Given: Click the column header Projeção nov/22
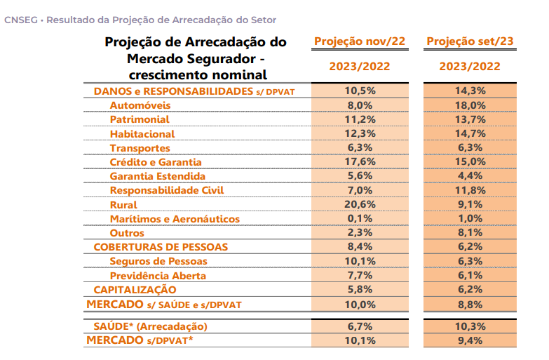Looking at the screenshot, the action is click(x=360, y=41).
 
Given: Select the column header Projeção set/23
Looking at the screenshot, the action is click(x=470, y=41).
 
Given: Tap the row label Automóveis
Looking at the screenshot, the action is click(x=140, y=105).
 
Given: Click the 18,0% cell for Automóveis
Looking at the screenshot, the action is click(x=470, y=105).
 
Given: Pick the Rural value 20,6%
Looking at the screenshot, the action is click(x=360, y=204).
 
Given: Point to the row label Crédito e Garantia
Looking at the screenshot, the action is click(x=156, y=162).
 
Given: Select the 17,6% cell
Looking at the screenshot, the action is click(x=360, y=161).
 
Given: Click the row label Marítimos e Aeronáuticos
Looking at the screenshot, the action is click(x=175, y=219).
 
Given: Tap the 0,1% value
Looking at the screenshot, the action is click(x=360, y=218).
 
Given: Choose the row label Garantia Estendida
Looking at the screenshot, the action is click(x=158, y=176).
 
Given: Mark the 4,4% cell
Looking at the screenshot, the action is click(x=470, y=175).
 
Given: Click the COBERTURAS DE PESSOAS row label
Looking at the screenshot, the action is click(x=161, y=247).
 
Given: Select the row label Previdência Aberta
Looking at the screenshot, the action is click(x=158, y=276).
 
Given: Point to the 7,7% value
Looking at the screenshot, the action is click(x=360, y=275).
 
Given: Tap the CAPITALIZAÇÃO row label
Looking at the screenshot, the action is click(x=135, y=290).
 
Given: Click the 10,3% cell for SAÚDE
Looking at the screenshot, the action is click(x=470, y=326).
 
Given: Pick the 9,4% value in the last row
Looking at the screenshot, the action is click(x=470, y=340).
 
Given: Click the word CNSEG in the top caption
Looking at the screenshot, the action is click(x=20, y=20).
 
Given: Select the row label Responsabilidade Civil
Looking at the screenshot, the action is click(x=167, y=190).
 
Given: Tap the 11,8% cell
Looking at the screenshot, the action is click(x=470, y=190).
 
